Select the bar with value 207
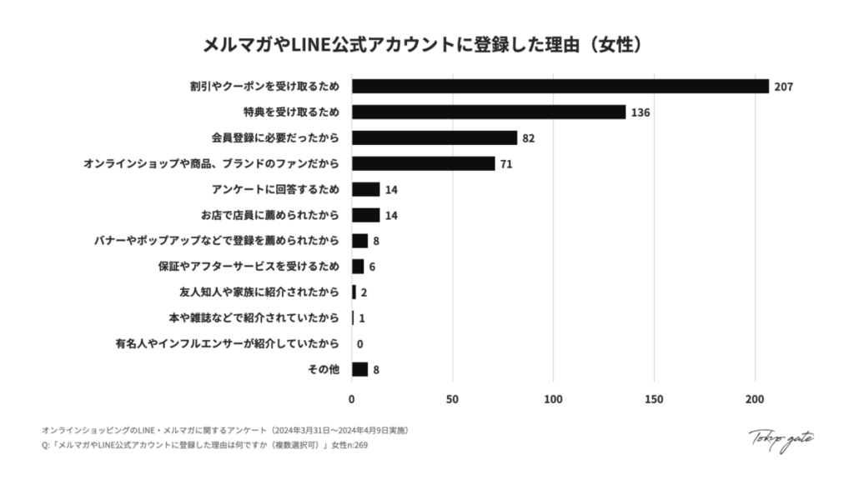pyautogui.click(x=560, y=86)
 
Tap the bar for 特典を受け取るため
pyautogui.click(x=489, y=112)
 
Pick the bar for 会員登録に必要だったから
pyautogui.click(x=435, y=137)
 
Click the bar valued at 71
pyautogui.click(x=423, y=163)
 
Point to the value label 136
pyautogui.click(x=640, y=112)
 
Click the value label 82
pyautogui.click(x=528, y=138)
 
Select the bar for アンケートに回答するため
pyautogui.click(x=366, y=189)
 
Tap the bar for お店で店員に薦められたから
pyautogui.click(x=366, y=215)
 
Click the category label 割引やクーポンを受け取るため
pyautogui.click(x=265, y=86)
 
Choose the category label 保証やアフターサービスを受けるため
pyautogui.click(x=249, y=267)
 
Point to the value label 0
pyautogui.click(x=359, y=344)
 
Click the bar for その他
pyautogui.click(x=359, y=369)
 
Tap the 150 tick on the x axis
pyautogui.click(x=654, y=399)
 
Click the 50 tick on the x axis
pyautogui.click(x=453, y=399)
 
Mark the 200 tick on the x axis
pyautogui.click(x=755, y=399)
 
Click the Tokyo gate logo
pyautogui.click(x=781, y=439)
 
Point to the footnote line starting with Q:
pyautogui.click(x=204, y=446)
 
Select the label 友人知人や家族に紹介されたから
pyautogui.click(x=259, y=292)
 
